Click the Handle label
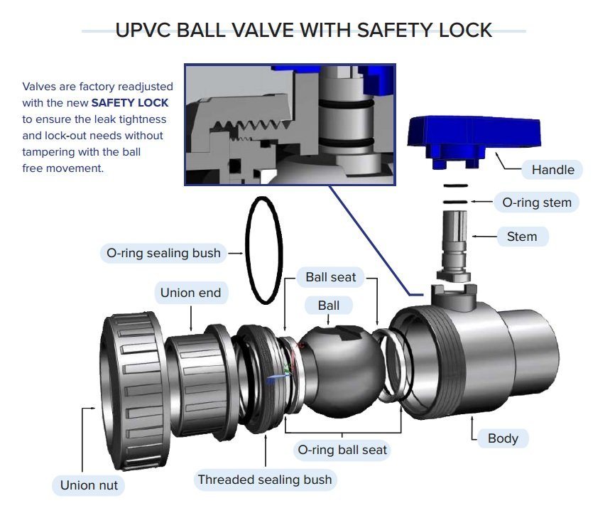coord(552,170)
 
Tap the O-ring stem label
coord(536,202)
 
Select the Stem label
coord(521,236)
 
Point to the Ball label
coord(328,306)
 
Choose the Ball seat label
coord(330,276)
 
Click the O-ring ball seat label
coord(341,450)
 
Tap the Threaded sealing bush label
coord(264,480)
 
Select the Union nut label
coord(89,486)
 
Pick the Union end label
coord(190,293)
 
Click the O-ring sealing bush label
coord(163,253)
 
